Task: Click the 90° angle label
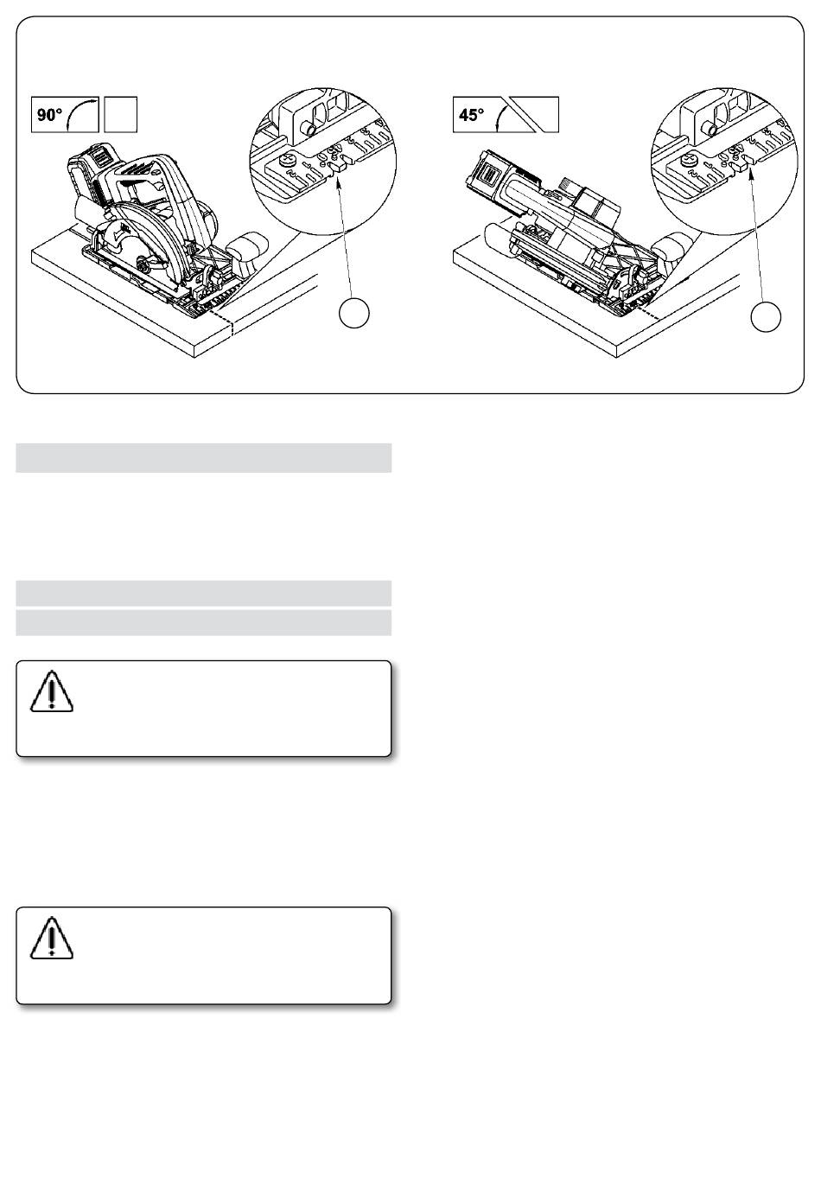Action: (x=49, y=114)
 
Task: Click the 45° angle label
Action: (x=471, y=114)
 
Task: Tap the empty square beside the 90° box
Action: (x=121, y=114)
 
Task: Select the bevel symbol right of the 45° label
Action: (x=529, y=114)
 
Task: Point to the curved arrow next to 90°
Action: (x=79, y=111)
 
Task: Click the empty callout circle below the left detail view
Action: (x=354, y=313)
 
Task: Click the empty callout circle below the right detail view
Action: (x=766, y=317)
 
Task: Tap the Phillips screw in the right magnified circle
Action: (x=689, y=160)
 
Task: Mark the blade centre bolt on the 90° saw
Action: (x=144, y=263)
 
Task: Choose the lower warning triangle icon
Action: (x=52, y=938)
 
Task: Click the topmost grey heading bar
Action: (x=203, y=457)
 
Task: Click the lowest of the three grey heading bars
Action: (x=203, y=622)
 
